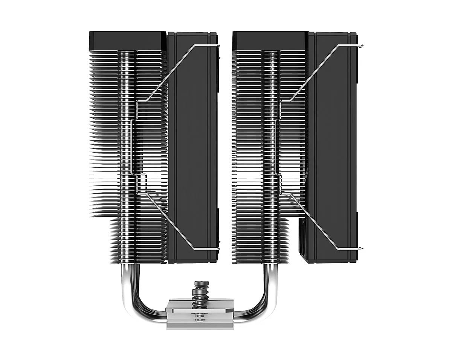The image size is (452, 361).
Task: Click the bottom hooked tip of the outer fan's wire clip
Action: [x=362, y=249]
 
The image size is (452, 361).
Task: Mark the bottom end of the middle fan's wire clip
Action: [x=218, y=249]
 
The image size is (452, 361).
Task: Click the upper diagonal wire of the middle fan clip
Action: [x=169, y=73]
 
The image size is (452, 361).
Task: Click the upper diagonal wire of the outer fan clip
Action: [x=315, y=73]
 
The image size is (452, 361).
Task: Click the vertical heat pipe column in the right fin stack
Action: [x=270, y=150]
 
